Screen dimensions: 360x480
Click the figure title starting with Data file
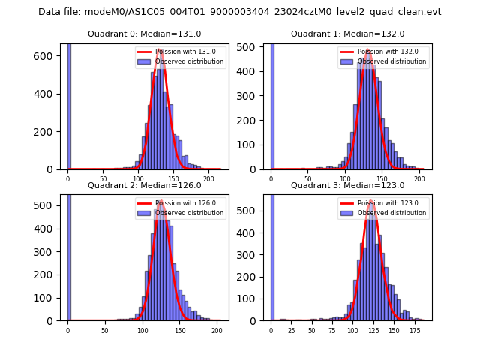tap(239, 12)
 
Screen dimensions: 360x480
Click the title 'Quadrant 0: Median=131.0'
tap(144, 34)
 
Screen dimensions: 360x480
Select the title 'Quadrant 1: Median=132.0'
tap(347, 34)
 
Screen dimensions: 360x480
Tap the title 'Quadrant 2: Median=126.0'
tap(144, 185)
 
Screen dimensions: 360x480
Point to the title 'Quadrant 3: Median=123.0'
tap(347, 185)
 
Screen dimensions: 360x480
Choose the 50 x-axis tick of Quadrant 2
tap(105, 330)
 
